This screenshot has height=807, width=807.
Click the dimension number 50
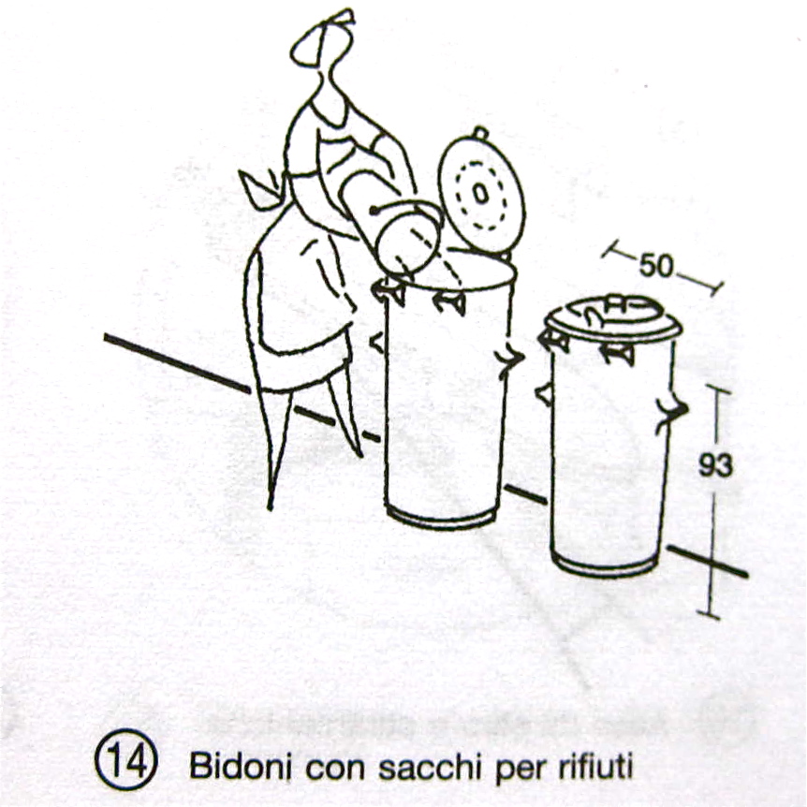click(x=655, y=266)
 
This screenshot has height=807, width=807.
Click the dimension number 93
click(x=715, y=466)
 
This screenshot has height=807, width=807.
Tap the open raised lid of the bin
click(x=481, y=192)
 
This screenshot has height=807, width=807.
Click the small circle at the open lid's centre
click(x=479, y=194)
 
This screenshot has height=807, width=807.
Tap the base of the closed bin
click(x=605, y=565)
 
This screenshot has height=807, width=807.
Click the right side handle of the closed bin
click(x=673, y=413)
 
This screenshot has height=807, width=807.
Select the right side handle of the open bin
click(x=509, y=358)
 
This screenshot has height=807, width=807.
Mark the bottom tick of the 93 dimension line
click(x=711, y=612)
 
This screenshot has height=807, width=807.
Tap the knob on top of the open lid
click(x=479, y=133)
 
